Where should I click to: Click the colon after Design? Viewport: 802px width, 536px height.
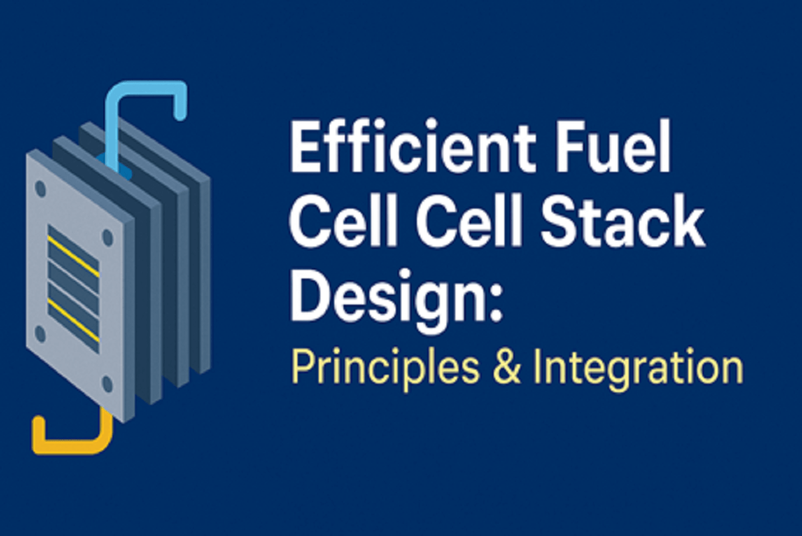pos(494,304)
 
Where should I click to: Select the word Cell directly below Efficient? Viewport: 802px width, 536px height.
pos(348,226)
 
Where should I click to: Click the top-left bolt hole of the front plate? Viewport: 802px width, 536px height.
pos(40,189)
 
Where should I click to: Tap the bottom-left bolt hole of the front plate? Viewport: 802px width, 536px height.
pos(40,333)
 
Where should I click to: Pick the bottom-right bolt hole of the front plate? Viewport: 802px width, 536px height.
pos(107,384)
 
